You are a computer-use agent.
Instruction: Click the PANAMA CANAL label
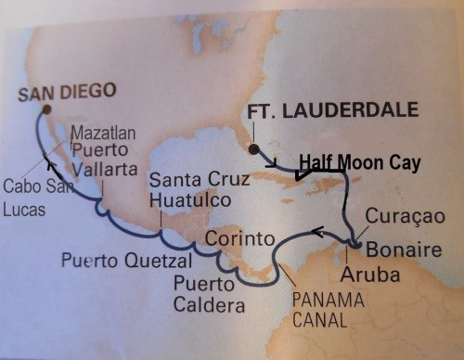[x=323, y=309]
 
